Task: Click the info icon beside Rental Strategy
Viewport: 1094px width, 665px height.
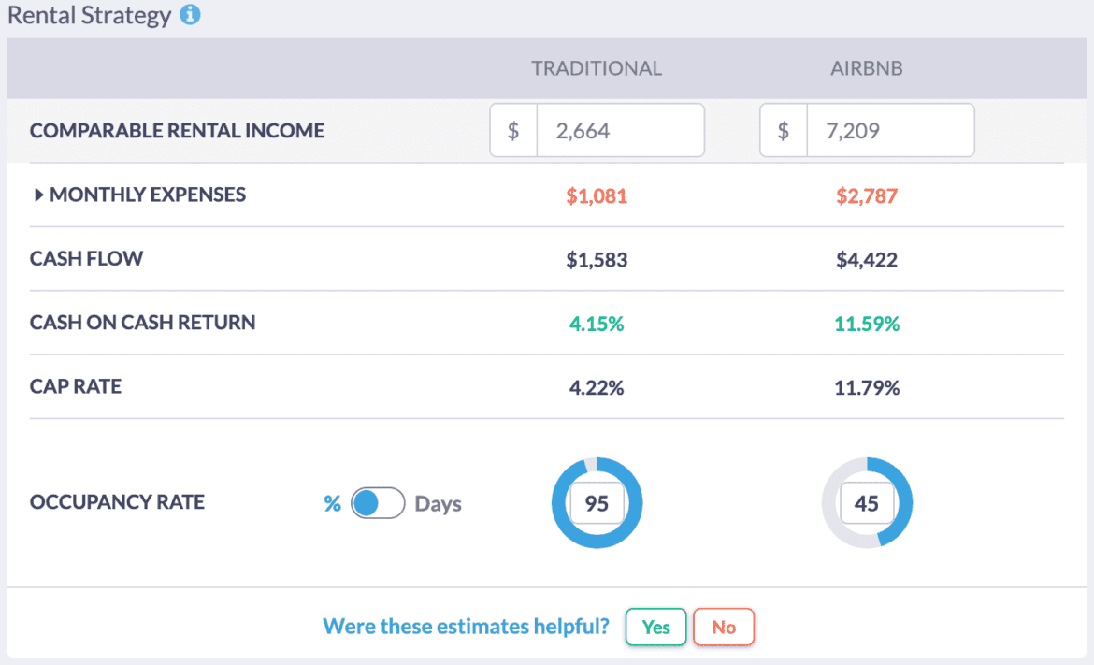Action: pyautogui.click(x=190, y=16)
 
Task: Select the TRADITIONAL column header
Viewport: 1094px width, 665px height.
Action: pyautogui.click(x=597, y=68)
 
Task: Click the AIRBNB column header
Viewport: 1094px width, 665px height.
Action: pyautogui.click(x=867, y=68)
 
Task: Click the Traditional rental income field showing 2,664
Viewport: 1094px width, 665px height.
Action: pyautogui.click(x=619, y=130)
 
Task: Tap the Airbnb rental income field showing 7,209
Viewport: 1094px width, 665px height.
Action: pyautogui.click(x=889, y=130)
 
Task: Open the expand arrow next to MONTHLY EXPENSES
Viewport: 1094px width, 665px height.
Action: pyautogui.click(x=39, y=195)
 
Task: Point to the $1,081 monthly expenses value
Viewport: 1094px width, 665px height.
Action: pyautogui.click(x=597, y=195)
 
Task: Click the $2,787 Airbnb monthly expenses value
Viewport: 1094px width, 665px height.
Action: pyautogui.click(x=867, y=195)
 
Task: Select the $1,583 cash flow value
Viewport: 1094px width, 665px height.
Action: pyautogui.click(x=597, y=259)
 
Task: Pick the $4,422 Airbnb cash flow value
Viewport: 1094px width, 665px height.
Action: pyautogui.click(x=867, y=259)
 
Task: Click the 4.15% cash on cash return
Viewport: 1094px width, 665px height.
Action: pyautogui.click(x=597, y=323)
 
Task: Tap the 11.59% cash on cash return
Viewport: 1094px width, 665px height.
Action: pyautogui.click(x=867, y=323)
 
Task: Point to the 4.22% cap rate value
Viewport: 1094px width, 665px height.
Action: pyautogui.click(x=597, y=386)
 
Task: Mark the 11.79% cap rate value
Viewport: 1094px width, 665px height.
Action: pyautogui.click(x=867, y=386)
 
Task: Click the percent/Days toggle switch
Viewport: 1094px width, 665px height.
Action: pyautogui.click(x=378, y=503)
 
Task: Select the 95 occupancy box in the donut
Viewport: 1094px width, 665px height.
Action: pyautogui.click(x=597, y=503)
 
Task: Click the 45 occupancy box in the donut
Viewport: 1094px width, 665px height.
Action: pyautogui.click(x=867, y=503)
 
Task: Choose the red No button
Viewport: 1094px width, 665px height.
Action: pyautogui.click(x=724, y=627)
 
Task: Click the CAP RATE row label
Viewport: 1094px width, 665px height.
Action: pyautogui.click(x=76, y=386)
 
